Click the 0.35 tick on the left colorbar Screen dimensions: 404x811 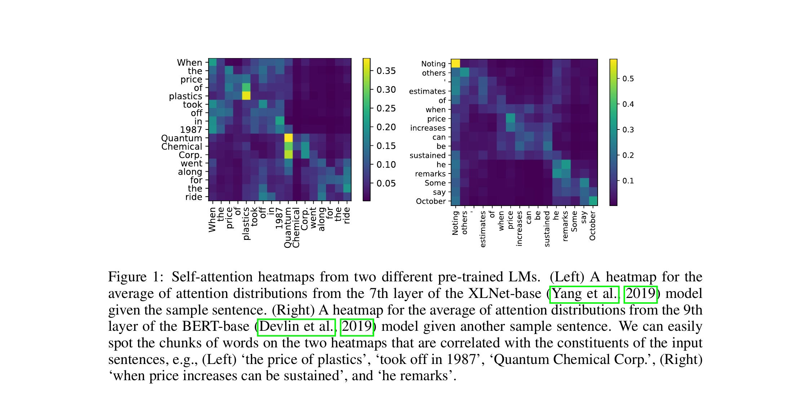(386, 71)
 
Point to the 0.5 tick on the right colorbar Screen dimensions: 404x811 (628, 79)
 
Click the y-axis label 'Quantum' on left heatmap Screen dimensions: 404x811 (181, 138)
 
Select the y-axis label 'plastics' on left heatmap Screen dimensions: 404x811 (185, 96)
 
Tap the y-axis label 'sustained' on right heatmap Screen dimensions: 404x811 (427, 155)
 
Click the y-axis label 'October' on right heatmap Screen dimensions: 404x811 (431, 201)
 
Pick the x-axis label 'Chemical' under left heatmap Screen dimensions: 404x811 (296, 228)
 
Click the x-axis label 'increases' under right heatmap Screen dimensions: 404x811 (519, 229)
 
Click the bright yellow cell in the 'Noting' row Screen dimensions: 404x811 (456, 63)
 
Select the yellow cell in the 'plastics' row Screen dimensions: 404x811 (246, 96)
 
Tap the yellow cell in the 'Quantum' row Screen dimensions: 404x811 (288, 138)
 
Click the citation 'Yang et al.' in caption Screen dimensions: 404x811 (584, 294)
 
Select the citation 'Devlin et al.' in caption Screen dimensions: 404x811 (296, 327)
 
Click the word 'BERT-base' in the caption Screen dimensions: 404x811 (215, 327)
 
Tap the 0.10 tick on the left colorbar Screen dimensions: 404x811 (386, 164)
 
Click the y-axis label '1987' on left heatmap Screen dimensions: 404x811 (191, 130)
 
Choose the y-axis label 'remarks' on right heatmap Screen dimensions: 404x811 (430, 174)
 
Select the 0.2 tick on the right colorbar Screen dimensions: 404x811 (628, 155)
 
